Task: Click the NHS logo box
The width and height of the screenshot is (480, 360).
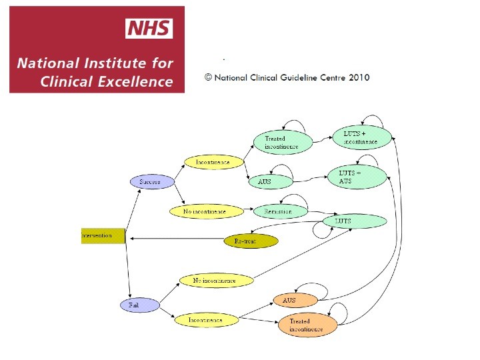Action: (149, 29)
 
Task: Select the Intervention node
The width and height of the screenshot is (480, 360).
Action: (103, 236)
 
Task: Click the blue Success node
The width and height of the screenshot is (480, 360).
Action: (152, 181)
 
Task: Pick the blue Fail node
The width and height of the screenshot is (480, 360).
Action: (140, 305)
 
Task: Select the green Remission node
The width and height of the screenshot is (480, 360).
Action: (281, 211)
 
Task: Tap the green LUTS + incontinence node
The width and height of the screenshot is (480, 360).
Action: (360, 138)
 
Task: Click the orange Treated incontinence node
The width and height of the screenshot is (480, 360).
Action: (307, 325)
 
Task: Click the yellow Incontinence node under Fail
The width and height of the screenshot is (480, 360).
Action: (206, 320)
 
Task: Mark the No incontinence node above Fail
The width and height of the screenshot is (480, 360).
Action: (216, 281)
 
